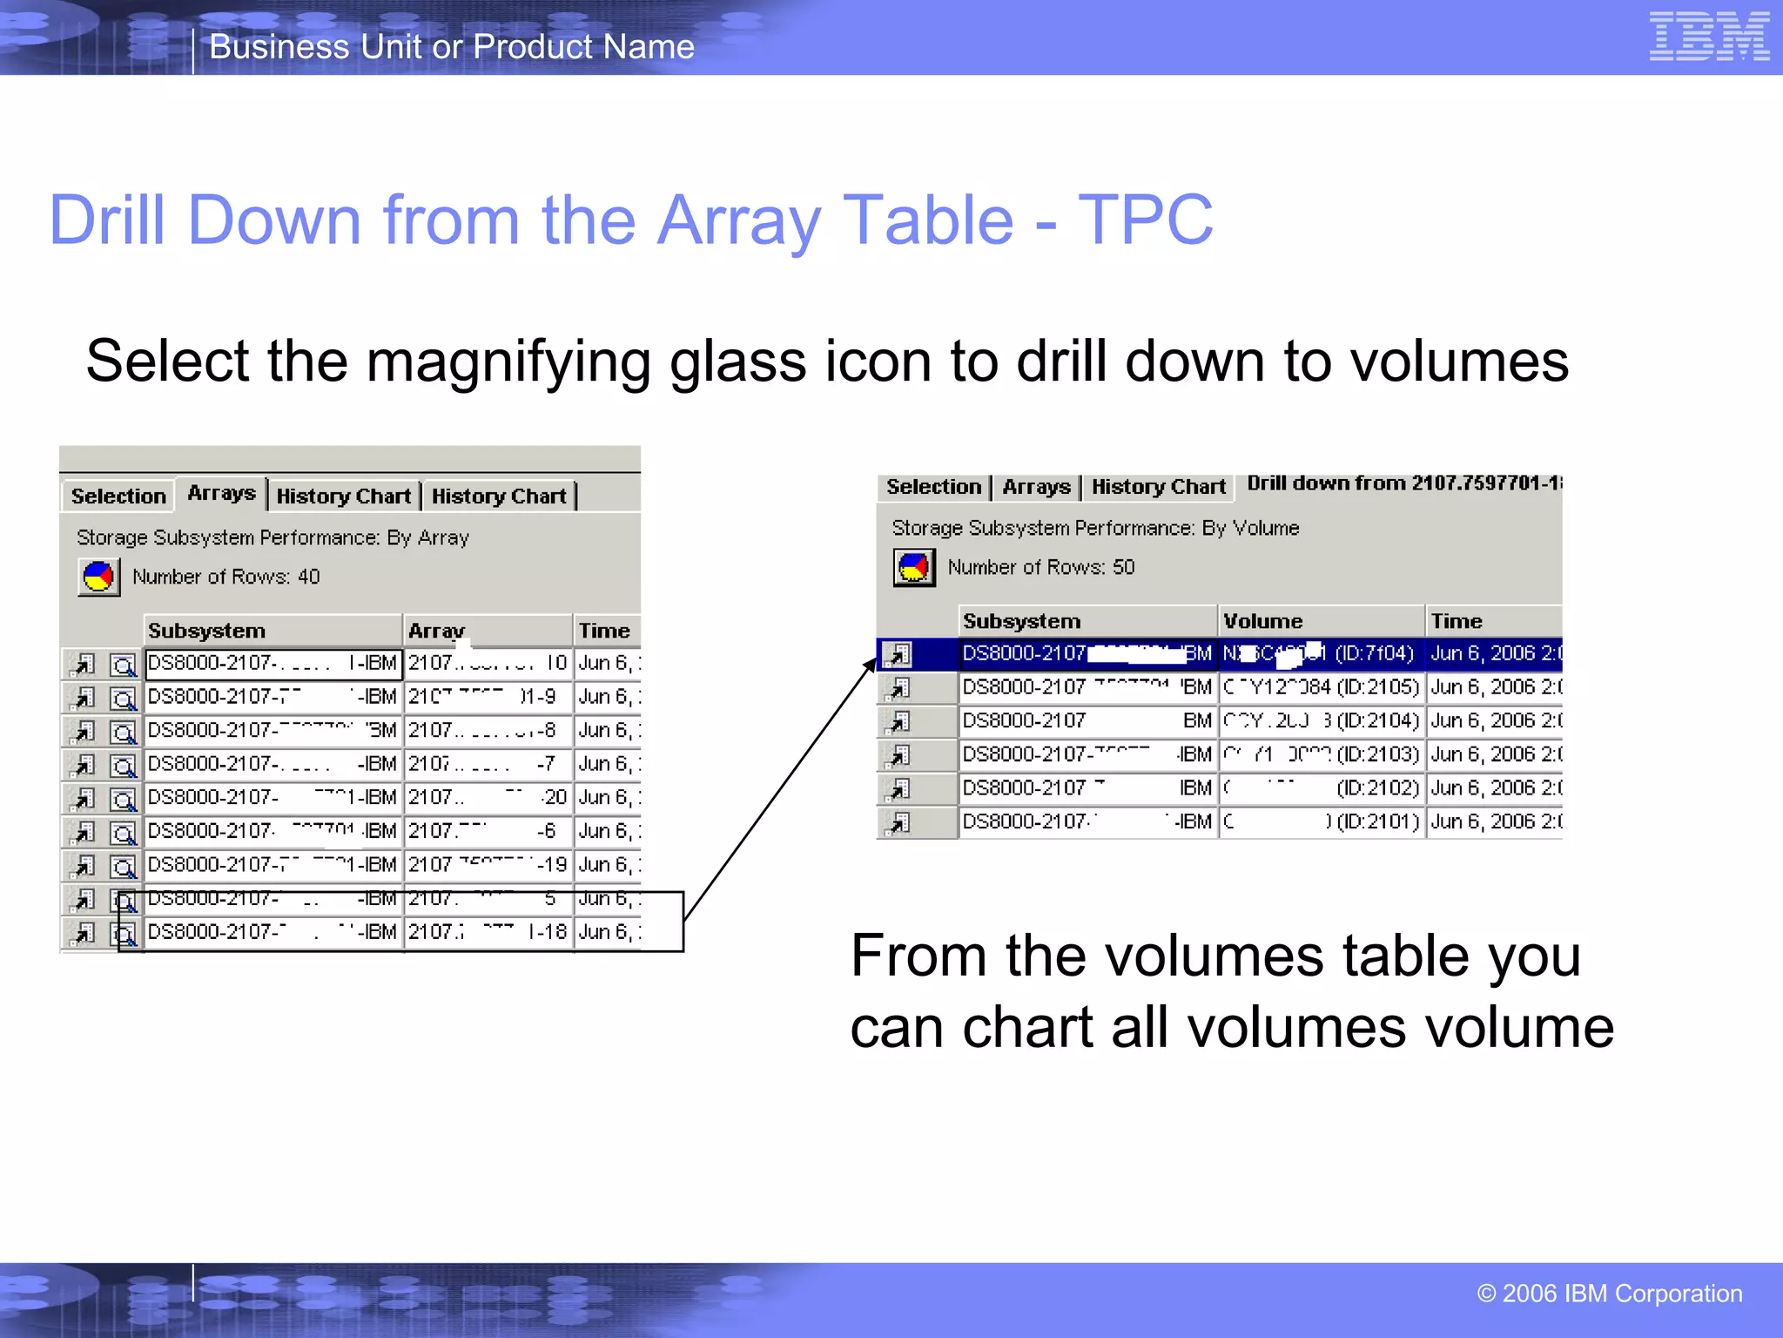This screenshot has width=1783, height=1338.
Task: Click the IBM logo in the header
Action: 1709,37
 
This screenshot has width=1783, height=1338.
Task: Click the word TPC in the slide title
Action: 1145,220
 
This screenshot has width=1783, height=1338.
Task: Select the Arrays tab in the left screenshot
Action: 221,493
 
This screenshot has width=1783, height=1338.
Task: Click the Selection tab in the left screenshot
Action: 118,496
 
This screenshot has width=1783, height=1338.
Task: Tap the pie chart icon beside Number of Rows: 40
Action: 98,577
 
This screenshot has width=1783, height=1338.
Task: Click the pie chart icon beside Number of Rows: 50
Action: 913,568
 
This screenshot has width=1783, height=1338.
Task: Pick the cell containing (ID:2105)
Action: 1321,687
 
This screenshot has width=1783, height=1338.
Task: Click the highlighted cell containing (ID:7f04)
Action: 1321,653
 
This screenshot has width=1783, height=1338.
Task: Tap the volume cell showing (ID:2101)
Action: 1321,821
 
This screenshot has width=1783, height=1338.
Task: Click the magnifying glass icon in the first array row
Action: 123,666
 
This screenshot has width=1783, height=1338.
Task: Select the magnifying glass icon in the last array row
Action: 124,934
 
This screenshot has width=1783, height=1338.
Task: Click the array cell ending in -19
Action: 488,864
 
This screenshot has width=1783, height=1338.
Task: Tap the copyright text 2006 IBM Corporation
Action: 1610,1294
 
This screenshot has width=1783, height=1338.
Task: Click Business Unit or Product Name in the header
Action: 452,46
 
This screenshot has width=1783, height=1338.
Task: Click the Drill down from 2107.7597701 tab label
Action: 1403,483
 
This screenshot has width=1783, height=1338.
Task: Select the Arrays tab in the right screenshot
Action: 1036,487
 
